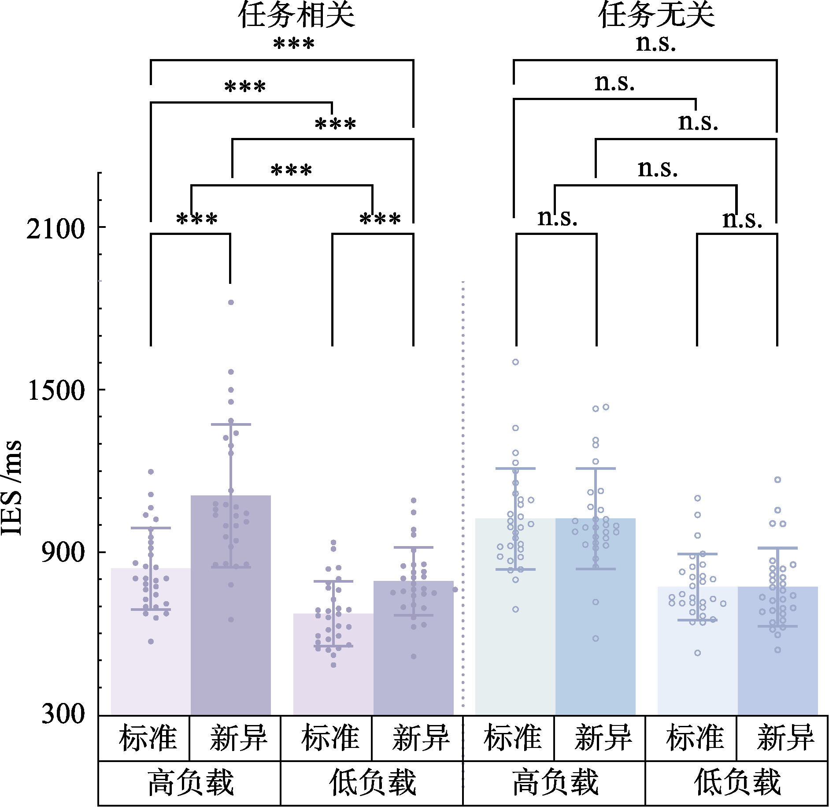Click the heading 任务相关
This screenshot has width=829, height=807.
[296, 15]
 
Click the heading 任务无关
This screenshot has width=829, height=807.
[656, 15]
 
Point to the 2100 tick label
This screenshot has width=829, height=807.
[56, 229]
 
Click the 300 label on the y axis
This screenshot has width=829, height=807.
[63, 714]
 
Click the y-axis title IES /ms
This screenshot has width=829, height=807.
[11, 487]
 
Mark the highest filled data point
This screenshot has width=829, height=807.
[231, 302]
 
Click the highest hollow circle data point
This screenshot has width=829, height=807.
[515, 362]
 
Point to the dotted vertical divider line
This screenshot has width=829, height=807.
[463, 485]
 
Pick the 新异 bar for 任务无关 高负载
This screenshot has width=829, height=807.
[596, 617]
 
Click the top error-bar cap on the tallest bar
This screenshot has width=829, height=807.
[231, 424]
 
